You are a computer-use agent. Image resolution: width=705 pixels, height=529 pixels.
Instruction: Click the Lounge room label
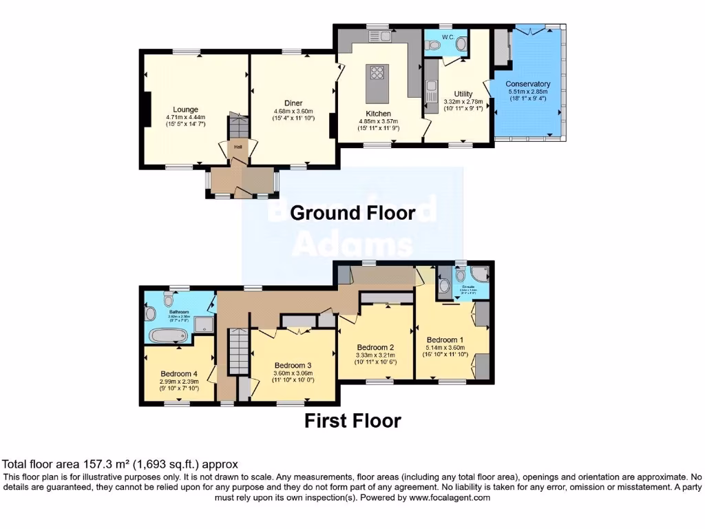(185, 110)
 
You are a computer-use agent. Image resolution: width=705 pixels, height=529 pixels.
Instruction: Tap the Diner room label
(293, 103)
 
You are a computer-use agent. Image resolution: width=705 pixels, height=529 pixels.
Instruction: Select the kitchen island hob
(377, 73)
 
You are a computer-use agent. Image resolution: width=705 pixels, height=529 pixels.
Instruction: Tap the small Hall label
(238, 147)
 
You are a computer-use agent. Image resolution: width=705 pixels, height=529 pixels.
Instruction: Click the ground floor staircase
(238, 127)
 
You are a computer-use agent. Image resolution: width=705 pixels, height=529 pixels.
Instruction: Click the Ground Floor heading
(352, 213)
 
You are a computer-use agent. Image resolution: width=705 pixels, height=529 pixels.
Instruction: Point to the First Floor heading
(352, 420)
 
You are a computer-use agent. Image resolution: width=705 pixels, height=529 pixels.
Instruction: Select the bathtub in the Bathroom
(168, 336)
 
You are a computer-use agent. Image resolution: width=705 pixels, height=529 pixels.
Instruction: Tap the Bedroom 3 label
(293, 365)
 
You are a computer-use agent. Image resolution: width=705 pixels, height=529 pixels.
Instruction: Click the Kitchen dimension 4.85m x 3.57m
(378, 121)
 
